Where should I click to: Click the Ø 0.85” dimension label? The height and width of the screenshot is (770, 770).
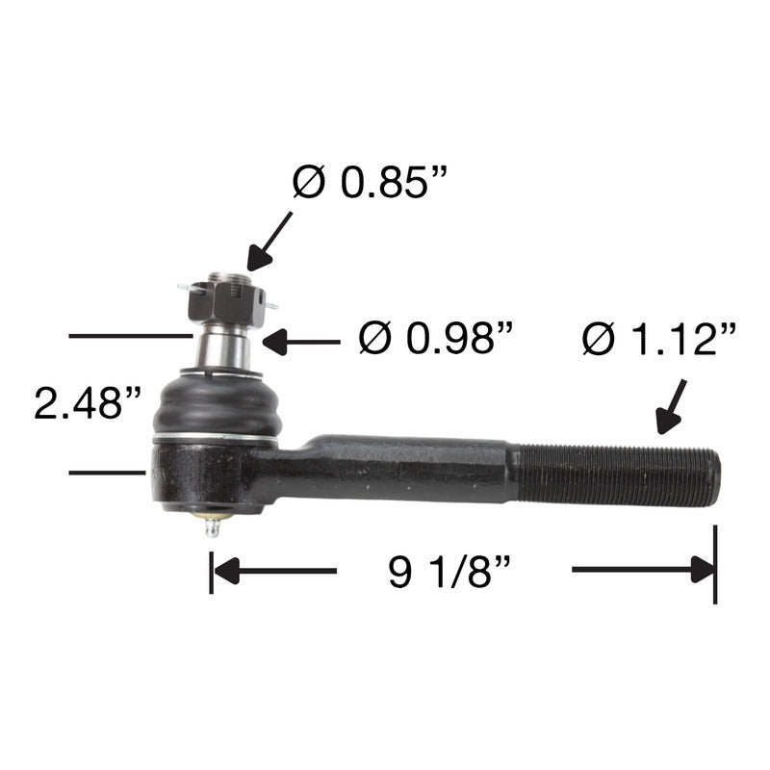[370, 182]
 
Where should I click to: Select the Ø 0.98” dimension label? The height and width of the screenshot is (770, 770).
[436, 338]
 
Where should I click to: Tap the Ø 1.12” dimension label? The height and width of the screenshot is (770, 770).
[659, 339]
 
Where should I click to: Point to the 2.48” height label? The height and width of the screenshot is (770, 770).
[88, 402]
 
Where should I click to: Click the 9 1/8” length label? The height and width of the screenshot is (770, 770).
[449, 572]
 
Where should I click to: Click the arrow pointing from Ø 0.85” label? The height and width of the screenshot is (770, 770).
[269, 242]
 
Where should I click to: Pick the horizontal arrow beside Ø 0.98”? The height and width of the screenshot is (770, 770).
[301, 342]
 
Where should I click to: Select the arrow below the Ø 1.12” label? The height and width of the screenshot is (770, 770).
[671, 406]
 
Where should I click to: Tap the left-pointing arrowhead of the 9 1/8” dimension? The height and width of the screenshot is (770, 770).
[227, 571]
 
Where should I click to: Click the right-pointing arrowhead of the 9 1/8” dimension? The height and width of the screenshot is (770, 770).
[703, 570]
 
